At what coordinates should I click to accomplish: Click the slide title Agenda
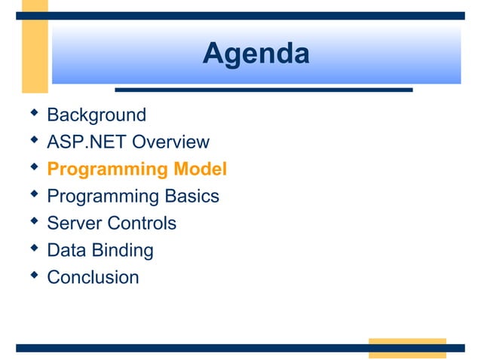point(256,54)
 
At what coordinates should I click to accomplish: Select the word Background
point(97,115)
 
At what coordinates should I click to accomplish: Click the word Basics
point(191,197)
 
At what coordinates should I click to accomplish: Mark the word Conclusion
point(93,278)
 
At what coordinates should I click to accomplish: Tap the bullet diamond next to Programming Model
point(32,167)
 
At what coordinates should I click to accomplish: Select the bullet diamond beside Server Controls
point(32,221)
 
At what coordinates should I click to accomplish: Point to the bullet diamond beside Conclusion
point(32,276)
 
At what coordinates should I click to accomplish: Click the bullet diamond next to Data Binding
point(32,249)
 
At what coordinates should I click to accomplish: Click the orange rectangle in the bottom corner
point(406,348)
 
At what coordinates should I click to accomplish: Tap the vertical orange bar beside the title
point(35,45)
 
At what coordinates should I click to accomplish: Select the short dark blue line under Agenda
point(263,90)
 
